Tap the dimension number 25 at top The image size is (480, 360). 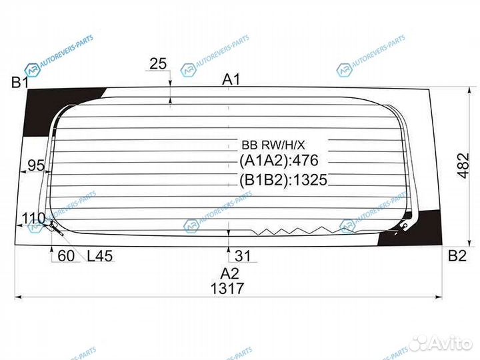[158, 64]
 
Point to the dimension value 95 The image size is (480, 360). [37, 165]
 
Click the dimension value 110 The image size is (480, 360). [33, 217]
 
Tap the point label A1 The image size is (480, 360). [231, 79]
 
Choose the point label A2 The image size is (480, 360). [229, 272]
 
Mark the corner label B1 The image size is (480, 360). [19, 83]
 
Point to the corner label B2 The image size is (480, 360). [457, 255]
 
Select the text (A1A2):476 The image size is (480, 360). [279, 161]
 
